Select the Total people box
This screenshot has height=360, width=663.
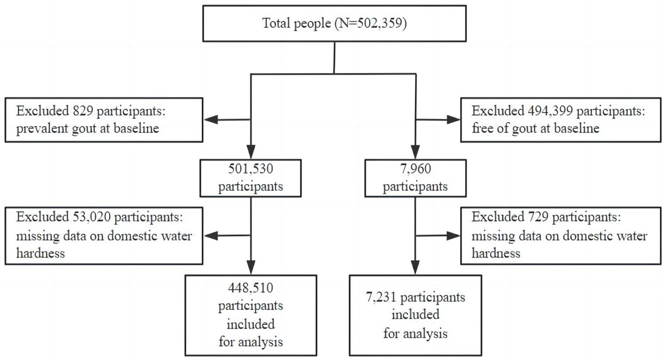point(334,23)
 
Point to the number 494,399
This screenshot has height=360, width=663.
point(550,111)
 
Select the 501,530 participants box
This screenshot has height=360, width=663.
point(250,178)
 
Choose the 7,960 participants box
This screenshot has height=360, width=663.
point(415,178)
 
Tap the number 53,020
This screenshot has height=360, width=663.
point(89,217)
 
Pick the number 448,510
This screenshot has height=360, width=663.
point(251,288)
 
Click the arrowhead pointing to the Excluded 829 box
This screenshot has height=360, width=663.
point(211,120)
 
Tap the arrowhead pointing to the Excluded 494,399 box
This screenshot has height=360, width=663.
point(453,120)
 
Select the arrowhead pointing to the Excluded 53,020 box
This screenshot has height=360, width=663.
point(211,236)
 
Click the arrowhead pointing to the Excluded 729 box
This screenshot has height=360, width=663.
point(453,236)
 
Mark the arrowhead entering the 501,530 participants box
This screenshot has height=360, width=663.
point(251,152)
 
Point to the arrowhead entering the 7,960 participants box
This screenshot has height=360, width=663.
point(415,152)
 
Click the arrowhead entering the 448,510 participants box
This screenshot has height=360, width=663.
point(251,268)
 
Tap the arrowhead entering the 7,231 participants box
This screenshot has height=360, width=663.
point(415,268)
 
